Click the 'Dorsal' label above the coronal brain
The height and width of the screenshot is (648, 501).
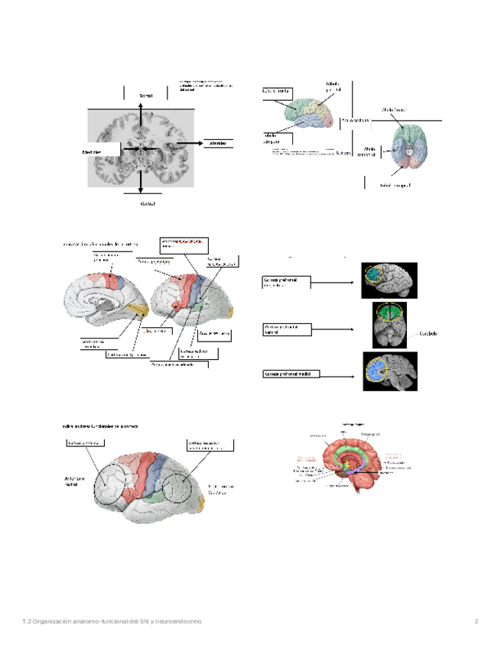pos(145,95)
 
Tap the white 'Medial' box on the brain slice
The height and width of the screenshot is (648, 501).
pos(100,151)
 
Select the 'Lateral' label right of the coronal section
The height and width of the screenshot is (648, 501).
pos(216,143)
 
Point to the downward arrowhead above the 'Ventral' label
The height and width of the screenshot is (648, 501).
pos(140,189)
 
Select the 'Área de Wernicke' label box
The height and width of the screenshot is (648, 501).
pos(213,334)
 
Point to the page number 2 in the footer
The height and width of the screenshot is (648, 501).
pos(476,620)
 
